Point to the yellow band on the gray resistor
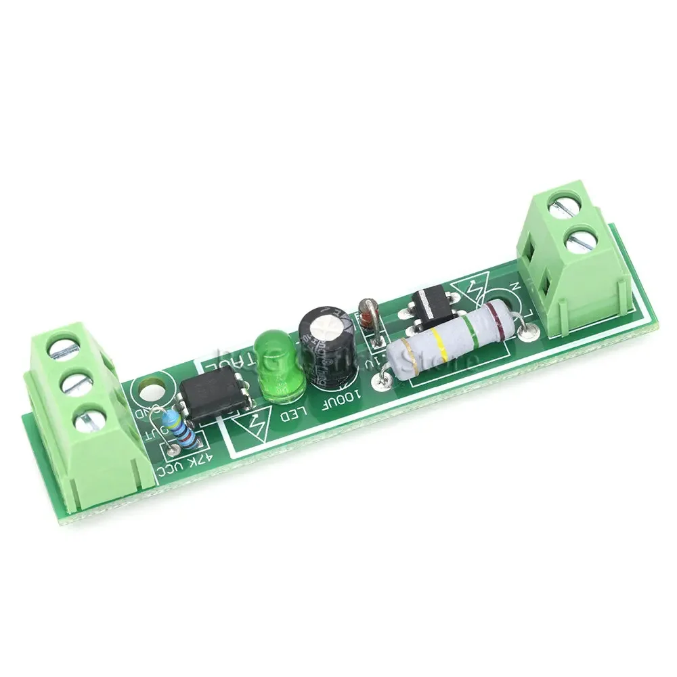click(441, 344)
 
